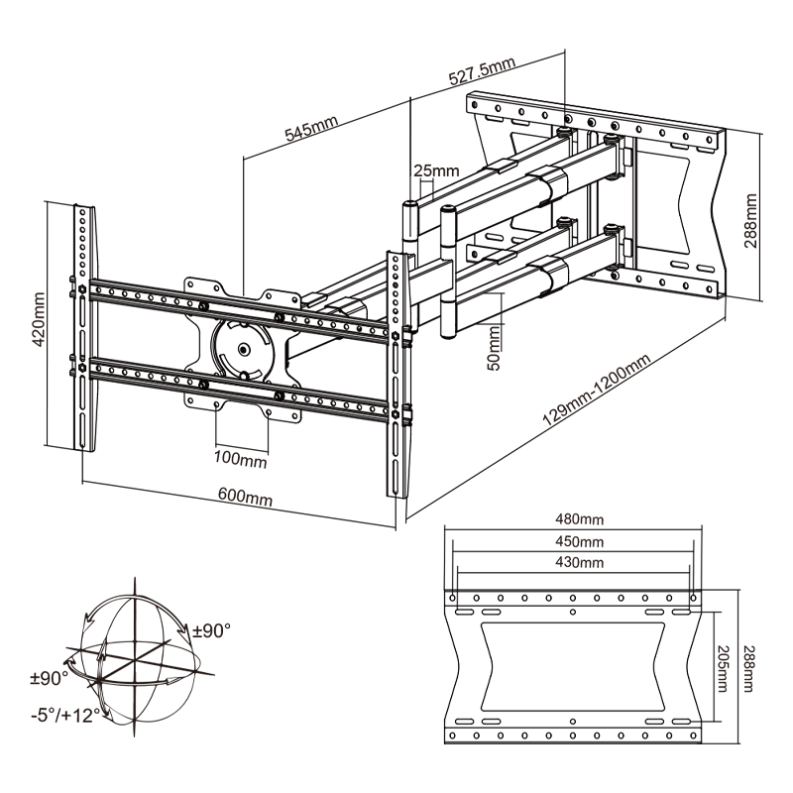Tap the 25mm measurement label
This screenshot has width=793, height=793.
[435, 170]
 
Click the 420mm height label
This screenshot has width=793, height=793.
[38, 316]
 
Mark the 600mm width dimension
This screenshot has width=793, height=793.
[244, 498]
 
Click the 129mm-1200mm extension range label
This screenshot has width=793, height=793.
[595, 390]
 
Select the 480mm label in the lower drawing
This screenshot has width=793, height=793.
[578, 519]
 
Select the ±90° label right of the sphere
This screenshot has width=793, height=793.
[212, 630]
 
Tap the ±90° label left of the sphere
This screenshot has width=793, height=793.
[48, 678]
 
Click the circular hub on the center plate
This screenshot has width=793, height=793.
[242, 348]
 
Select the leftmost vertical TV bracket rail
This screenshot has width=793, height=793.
[84, 327]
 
